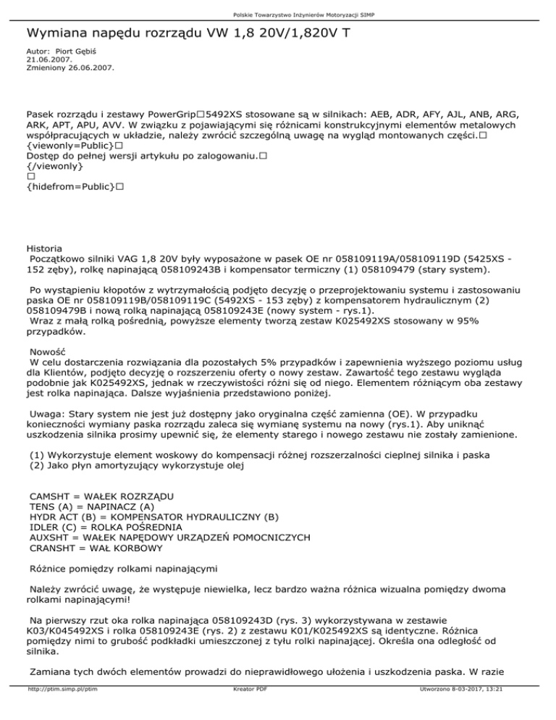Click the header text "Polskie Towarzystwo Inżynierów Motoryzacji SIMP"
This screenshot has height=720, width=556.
click(278, 14)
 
